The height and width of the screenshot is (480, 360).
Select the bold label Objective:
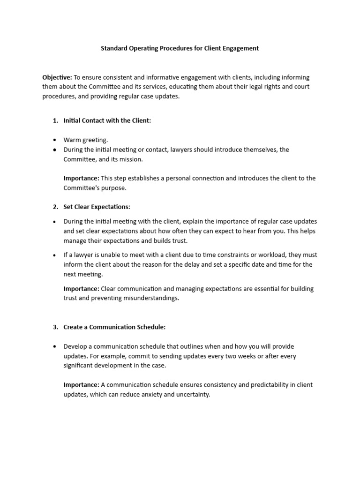tap(57, 77)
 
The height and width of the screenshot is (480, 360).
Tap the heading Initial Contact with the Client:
tap(107, 120)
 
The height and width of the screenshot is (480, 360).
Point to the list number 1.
tap(55, 120)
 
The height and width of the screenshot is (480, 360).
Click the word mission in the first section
tap(133, 159)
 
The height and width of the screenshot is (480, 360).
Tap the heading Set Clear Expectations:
tap(97, 207)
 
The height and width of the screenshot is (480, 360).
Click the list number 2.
tap(55, 207)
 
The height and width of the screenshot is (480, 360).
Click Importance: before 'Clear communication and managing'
tap(81, 289)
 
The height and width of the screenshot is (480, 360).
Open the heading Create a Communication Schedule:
tap(115, 327)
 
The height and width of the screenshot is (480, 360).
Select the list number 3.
tap(55, 327)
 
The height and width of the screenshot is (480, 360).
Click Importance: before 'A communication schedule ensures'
tap(81, 385)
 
